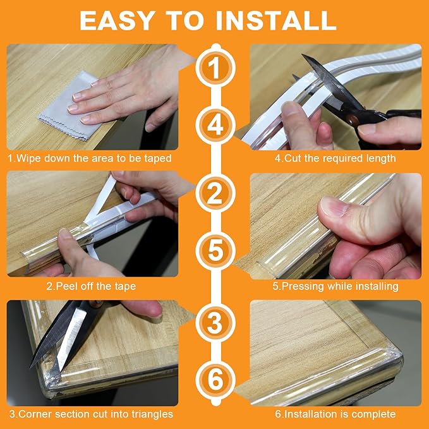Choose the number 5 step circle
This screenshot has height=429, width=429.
(215, 250)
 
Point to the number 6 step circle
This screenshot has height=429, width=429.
(215, 381)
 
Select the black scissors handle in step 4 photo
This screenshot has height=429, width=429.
(395, 116)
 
